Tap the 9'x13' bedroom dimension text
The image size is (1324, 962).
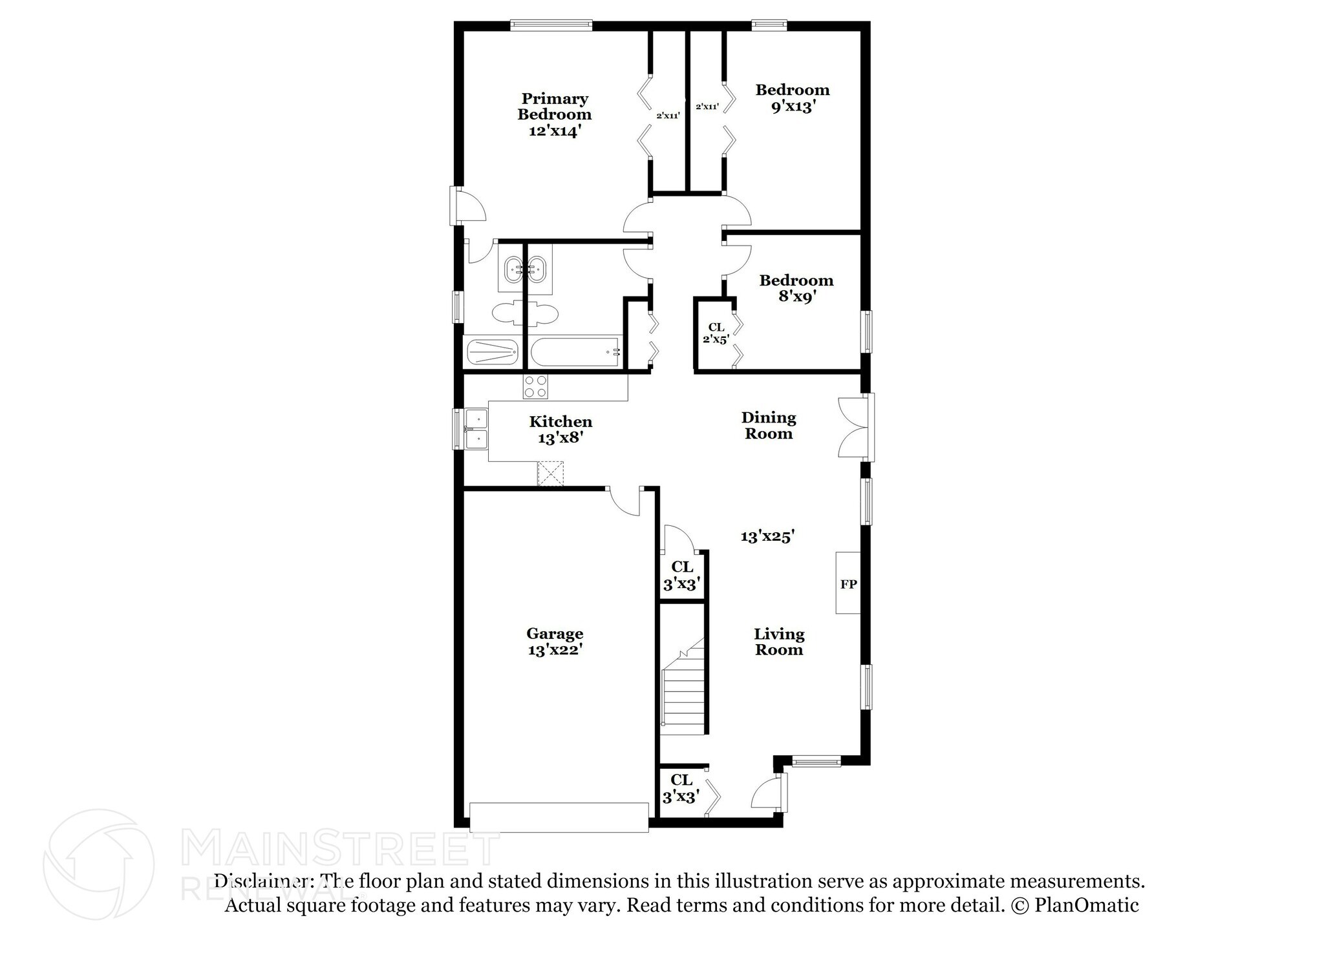tap(792, 107)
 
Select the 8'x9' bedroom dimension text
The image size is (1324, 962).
tap(796, 297)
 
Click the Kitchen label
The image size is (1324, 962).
tap(561, 422)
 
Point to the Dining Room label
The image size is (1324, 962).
tap(769, 425)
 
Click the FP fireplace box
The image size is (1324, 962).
tap(848, 583)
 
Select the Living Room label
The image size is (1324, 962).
tap(779, 642)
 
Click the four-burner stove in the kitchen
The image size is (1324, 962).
tap(536, 386)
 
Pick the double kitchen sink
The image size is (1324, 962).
tap(476, 429)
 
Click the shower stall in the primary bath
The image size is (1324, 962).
tap(492, 353)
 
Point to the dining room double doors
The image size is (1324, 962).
tap(855, 427)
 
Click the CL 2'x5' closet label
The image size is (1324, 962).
tap(716, 333)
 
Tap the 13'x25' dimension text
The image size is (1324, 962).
tap(767, 536)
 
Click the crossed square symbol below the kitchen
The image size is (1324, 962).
tap(551, 473)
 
